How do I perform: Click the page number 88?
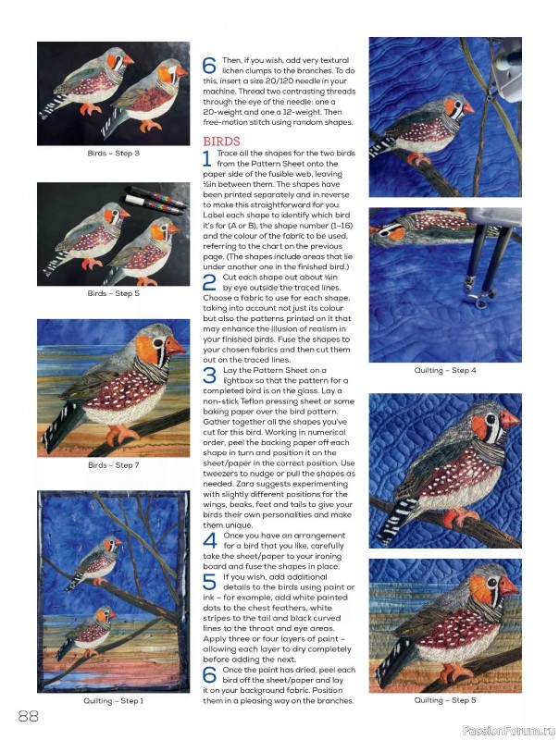point(27,715)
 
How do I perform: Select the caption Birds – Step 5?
point(113,293)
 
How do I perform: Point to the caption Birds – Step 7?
point(113,465)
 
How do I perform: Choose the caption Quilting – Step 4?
point(445,370)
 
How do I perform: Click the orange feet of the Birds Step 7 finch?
point(120,434)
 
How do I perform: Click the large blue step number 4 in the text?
point(209,540)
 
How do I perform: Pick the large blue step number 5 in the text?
point(209,583)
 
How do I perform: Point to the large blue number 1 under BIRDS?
point(208,158)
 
